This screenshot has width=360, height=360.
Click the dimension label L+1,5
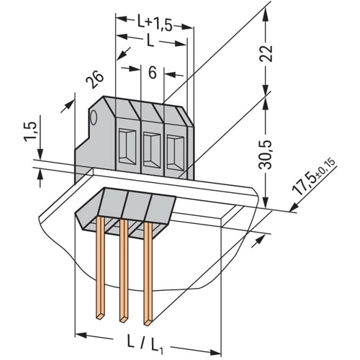155,23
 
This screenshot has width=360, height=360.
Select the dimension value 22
266,53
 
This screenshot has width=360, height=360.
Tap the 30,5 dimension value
266,154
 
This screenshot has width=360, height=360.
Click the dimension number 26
95,79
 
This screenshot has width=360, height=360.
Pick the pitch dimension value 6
153,72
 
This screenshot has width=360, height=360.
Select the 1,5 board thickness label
30,132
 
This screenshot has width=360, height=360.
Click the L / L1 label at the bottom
145,345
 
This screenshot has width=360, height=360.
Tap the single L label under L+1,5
150,40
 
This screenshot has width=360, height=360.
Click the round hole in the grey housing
93,117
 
